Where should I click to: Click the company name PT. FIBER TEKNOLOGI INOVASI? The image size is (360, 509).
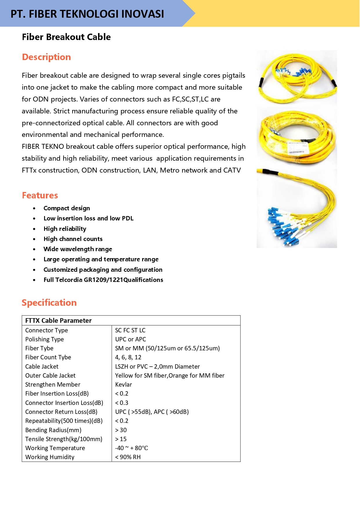click(87, 14)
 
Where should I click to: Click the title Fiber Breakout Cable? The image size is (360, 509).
click(66, 37)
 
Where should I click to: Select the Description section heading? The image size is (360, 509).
click(46, 57)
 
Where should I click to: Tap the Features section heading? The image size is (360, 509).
click(40, 195)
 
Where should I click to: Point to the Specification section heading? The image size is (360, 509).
click(49, 303)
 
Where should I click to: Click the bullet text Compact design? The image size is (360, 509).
click(67, 208)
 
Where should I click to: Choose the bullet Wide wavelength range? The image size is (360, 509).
click(78, 249)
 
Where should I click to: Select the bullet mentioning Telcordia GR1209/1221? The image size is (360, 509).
click(103, 280)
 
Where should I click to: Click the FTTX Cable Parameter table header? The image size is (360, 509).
click(58, 320)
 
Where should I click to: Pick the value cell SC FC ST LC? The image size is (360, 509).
click(130, 330)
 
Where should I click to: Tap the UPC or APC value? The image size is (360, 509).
click(131, 339)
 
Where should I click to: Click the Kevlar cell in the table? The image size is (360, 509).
click(124, 385)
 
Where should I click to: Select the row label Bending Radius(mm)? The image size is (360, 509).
click(53, 430)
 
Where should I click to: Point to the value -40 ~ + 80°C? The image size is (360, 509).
click(131, 448)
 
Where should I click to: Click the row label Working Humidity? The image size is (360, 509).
click(50, 457)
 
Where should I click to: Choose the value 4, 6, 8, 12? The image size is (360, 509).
click(128, 357)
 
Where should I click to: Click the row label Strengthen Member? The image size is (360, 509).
click(53, 385)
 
